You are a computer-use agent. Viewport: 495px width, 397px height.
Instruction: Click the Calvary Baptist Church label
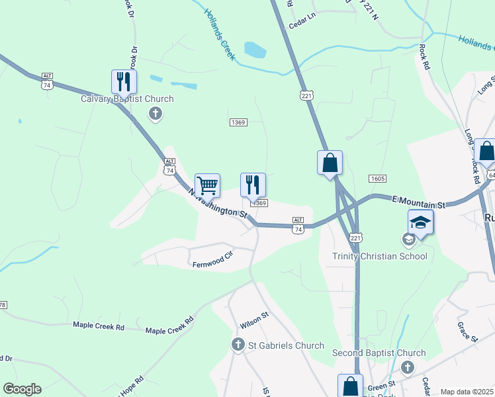click(127, 99)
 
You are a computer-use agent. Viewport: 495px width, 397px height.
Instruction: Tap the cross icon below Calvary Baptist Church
click(156, 114)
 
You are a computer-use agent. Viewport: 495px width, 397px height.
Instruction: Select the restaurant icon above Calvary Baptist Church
click(124, 83)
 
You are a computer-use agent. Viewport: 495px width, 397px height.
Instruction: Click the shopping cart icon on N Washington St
click(207, 186)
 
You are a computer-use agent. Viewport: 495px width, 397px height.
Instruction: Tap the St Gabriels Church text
click(286, 345)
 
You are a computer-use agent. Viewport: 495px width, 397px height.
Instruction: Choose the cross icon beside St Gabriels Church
click(238, 345)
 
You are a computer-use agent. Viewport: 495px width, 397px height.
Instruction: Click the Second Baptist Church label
click(379, 353)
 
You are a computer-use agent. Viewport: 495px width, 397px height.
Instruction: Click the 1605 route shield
click(377, 179)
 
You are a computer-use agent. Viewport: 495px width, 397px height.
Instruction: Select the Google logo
click(22, 389)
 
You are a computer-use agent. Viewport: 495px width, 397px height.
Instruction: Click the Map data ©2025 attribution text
click(467, 392)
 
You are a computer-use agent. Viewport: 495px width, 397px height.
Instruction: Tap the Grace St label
click(467, 332)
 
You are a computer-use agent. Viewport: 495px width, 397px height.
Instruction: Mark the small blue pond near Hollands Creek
click(255, 50)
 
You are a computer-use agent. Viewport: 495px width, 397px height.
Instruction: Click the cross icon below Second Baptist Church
click(408, 367)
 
